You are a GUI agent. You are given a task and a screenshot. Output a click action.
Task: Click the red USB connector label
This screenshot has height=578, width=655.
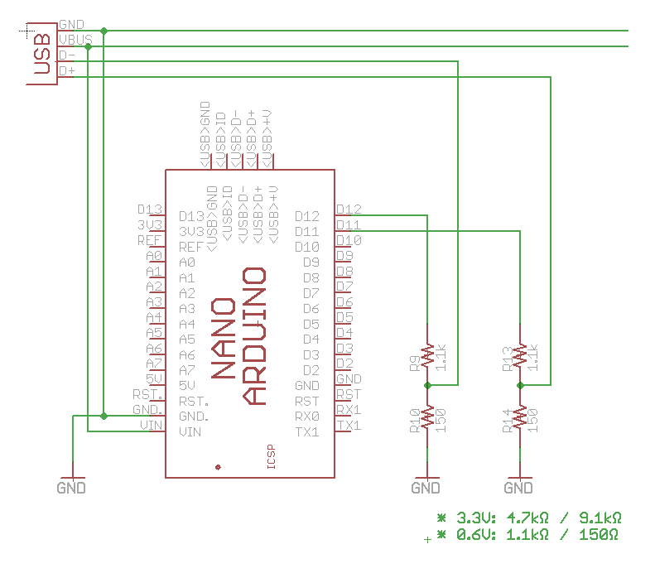(x=42, y=54)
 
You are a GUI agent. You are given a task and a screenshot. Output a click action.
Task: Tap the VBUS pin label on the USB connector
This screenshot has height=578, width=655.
(x=75, y=40)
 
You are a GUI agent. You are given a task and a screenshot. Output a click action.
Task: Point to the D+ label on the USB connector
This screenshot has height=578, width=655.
(x=67, y=70)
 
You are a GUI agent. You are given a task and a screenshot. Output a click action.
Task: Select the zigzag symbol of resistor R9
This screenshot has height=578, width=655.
(x=427, y=355)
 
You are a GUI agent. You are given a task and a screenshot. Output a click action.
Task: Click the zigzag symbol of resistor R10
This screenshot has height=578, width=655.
(x=427, y=417)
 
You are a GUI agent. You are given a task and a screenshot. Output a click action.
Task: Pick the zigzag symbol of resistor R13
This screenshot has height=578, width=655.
(x=520, y=355)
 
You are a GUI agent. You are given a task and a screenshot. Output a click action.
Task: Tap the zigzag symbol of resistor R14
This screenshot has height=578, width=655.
(x=520, y=417)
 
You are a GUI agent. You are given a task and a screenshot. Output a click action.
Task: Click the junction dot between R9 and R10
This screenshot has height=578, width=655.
(x=427, y=385)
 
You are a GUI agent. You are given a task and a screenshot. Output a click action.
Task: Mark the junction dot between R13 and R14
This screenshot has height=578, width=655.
(x=520, y=385)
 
